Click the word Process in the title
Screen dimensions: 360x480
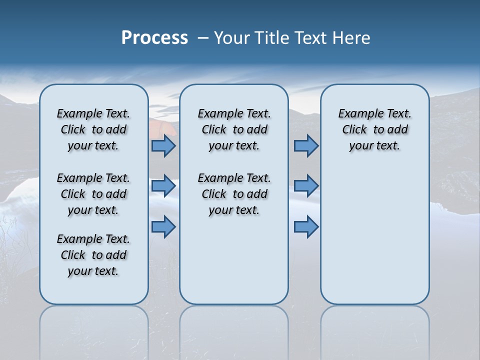(x=154, y=38)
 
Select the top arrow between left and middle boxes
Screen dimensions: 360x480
(x=163, y=146)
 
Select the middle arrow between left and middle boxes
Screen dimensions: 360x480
(x=163, y=186)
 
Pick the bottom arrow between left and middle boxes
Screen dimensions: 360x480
(x=163, y=226)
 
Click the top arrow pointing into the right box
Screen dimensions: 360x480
(x=306, y=146)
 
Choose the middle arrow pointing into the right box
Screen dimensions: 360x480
(x=306, y=186)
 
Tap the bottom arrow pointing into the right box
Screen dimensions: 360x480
(x=306, y=226)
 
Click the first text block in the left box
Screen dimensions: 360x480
(x=93, y=129)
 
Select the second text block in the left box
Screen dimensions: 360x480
(x=93, y=194)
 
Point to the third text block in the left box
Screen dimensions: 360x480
(x=93, y=255)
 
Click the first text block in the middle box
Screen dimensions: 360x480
(x=234, y=129)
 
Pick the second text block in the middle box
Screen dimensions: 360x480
(x=234, y=194)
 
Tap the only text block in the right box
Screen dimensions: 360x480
(x=374, y=129)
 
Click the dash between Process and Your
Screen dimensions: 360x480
(x=203, y=38)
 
